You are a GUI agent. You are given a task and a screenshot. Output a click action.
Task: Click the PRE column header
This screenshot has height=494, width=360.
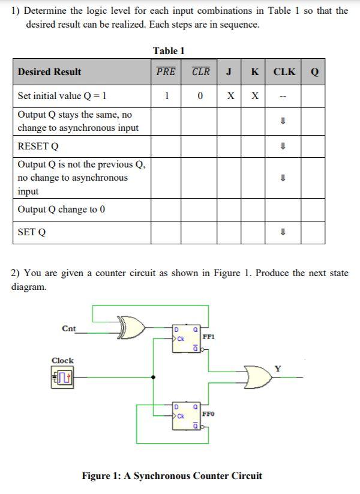pos(166,71)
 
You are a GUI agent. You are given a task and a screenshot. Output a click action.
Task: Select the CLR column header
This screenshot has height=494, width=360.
pos(200,71)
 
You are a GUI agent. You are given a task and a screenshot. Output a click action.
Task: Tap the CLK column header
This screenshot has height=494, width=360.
pos(284,71)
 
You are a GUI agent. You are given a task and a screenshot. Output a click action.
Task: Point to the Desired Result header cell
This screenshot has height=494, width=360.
pos(49,72)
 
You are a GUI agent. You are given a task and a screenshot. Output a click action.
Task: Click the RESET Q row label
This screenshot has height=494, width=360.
pos(38,146)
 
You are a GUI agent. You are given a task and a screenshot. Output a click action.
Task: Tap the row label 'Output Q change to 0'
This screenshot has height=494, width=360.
pos(61,209)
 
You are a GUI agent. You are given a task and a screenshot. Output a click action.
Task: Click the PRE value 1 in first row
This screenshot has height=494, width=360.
pos(166,95)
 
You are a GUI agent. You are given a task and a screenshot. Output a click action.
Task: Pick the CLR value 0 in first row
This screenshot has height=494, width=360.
pos(200,95)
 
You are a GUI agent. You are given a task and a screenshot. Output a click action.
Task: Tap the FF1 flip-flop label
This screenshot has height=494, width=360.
pos(208,337)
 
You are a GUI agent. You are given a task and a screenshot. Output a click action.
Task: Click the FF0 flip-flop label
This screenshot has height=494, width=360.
pos(208,414)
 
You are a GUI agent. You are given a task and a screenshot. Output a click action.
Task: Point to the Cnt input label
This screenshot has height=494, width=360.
pos(68,328)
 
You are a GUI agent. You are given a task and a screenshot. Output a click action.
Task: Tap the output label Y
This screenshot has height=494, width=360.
pos(277,368)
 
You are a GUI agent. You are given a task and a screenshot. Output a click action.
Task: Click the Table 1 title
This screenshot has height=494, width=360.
pos(169,50)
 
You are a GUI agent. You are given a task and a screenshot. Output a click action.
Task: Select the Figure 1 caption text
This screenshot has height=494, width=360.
pos(172,476)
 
